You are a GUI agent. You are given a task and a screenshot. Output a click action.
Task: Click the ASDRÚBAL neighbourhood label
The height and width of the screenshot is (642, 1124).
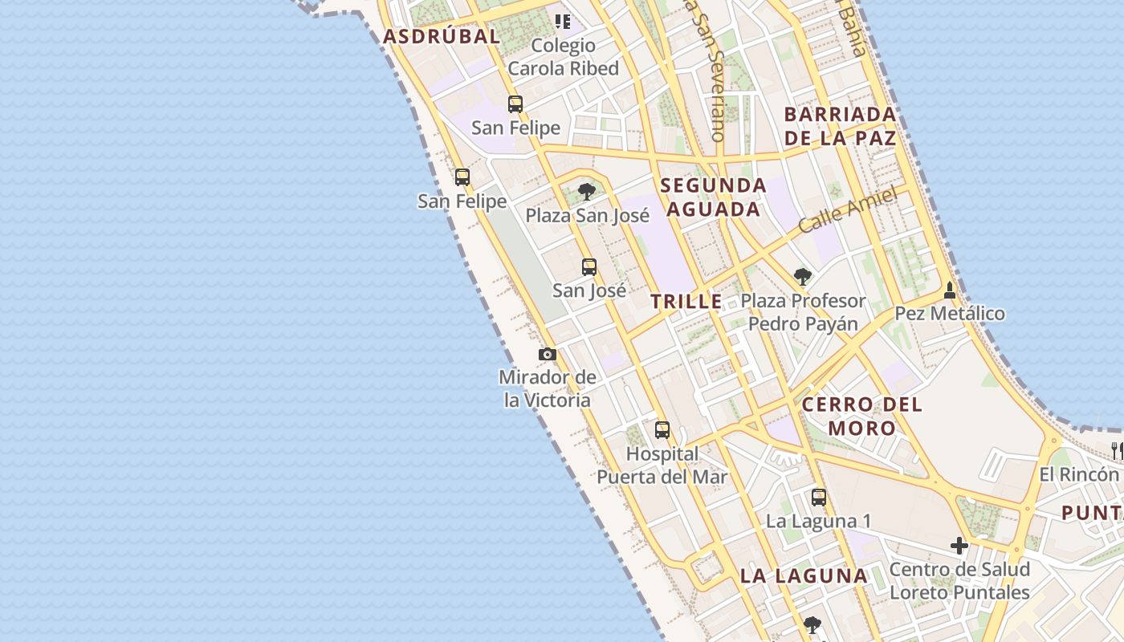(442, 36)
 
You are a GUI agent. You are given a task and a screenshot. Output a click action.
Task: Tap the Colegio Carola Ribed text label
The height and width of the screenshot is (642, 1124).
(564, 57)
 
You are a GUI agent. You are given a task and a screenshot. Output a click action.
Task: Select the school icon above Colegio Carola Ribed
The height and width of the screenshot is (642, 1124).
(563, 21)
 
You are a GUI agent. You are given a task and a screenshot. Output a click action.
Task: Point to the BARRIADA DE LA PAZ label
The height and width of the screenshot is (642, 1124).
(840, 125)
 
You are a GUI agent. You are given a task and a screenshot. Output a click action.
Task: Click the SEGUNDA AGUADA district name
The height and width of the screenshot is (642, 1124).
(713, 197)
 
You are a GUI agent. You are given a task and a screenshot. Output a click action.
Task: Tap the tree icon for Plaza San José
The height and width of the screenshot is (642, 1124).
(587, 191)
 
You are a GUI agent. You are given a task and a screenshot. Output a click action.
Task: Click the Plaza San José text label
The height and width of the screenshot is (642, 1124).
(588, 215)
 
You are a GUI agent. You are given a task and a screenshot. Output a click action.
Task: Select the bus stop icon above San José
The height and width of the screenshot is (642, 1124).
(589, 267)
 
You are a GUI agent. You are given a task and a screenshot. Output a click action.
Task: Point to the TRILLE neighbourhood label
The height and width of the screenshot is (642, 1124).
(686, 302)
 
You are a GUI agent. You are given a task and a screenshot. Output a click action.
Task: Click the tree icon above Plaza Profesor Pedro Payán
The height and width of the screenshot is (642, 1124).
(802, 277)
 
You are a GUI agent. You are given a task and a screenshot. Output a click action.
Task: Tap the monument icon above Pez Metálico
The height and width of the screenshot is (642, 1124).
(950, 290)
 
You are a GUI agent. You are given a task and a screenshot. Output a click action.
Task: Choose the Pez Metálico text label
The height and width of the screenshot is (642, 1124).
(950, 313)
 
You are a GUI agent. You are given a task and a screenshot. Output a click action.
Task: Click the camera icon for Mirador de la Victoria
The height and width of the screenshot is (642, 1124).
(548, 354)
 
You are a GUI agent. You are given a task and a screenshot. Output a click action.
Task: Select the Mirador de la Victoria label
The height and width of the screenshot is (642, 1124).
(548, 388)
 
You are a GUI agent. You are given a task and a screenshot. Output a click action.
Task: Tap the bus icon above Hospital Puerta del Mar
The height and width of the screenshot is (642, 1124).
(662, 430)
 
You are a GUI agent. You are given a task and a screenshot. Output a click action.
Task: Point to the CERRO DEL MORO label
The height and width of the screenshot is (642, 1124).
(862, 416)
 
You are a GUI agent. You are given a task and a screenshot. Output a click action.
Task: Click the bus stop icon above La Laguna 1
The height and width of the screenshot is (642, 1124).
(819, 498)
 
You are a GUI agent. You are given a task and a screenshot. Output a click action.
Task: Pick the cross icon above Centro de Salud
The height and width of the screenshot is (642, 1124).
(959, 547)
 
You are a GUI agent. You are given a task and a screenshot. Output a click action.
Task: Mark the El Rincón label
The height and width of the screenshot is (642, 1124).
(1079, 473)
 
